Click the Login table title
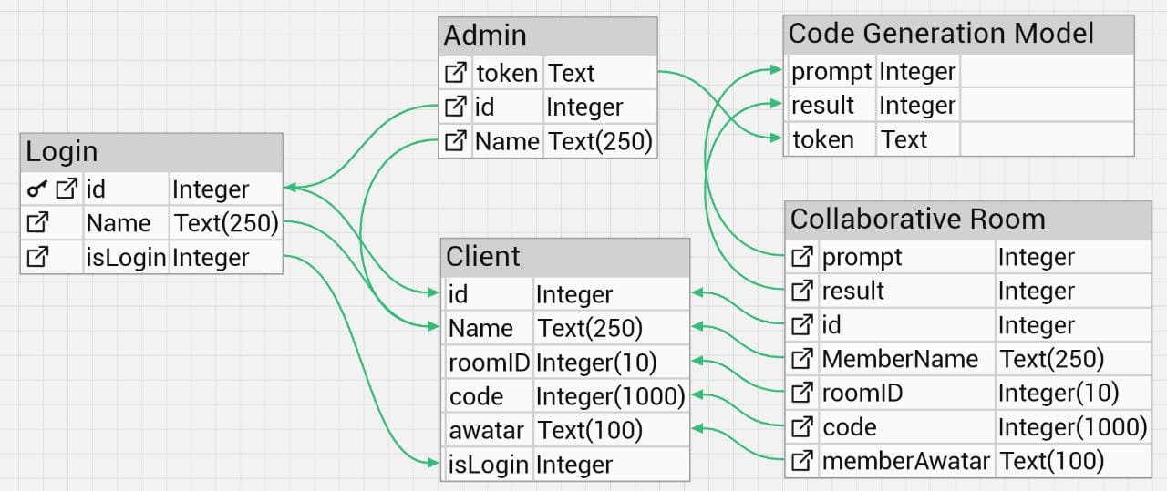pyautogui.click(x=62, y=152)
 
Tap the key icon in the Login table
pyautogui.click(x=37, y=189)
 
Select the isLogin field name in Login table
pyautogui.click(x=126, y=258)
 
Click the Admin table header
pyautogui.click(x=485, y=36)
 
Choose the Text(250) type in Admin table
pyautogui.click(x=600, y=141)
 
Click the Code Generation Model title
pyautogui.click(x=941, y=34)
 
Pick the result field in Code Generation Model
pyautogui.click(x=823, y=106)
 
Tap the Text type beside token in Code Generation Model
pyautogui.click(x=904, y=139)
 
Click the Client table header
pyautogui.click(x=483, y=256)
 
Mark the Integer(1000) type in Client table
pyautogui.click(x=610, y=396)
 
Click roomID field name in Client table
pyautogui.click(x=489, y=363)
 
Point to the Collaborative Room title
pyautogui.click(x=917, y=219)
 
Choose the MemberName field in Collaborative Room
pyautogui.click(x=900, y=359)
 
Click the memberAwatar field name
pyautogui.click(x=905, y=461)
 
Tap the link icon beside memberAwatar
pyautogui.click(x=801, y=461)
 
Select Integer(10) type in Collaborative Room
pyautogui.click(x=1058, y=393)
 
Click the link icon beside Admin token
pyautogui.click(x=455, y=73)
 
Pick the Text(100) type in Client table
pyautogui.click(x=590, y=430)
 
